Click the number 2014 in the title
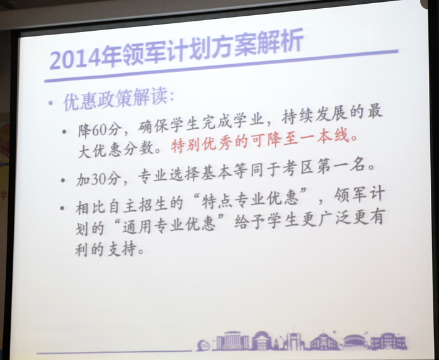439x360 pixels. click(75, 59)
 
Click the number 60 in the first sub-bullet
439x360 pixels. click(98, 130)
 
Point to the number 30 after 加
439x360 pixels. click(98, 179)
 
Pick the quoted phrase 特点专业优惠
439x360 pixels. click(250, 200)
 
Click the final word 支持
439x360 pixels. click(122, 249)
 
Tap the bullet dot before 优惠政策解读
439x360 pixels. click(50, 103)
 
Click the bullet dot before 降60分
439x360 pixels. click(65, 131)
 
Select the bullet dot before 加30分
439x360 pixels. click(64, 180)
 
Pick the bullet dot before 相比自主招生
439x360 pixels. click(63, 208)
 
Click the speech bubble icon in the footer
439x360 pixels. click(203, 345)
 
